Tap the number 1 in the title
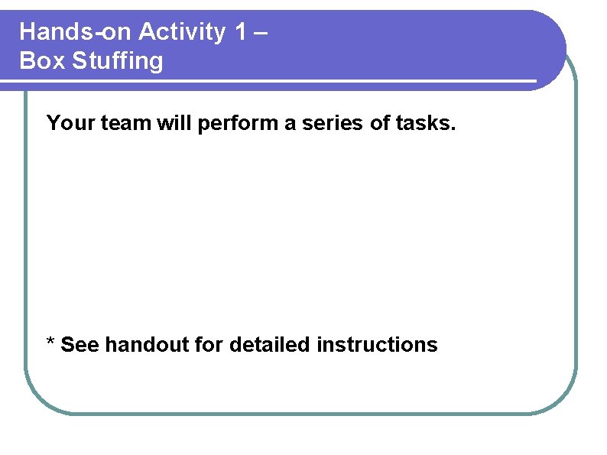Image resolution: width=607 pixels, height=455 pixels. (x=242, y=32)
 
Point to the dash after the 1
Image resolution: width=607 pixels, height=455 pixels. (x=261, y=33)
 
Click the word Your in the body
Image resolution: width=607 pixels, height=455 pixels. (x=69, y=122)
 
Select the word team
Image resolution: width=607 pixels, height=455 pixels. (x=124, y=122)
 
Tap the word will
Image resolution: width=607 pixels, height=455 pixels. (x=175, y=122)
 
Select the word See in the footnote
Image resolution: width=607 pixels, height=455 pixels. (x=80, y=345)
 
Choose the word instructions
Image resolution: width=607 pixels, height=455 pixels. (x=377, y=345)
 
